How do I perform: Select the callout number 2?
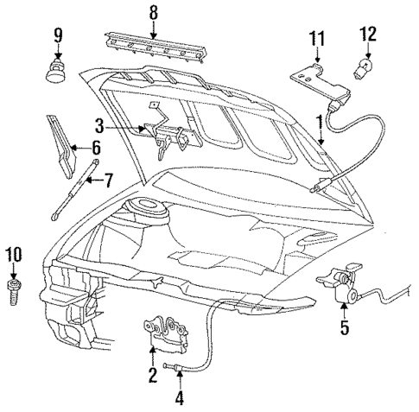(152, 373)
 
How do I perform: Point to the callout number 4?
(180, 398)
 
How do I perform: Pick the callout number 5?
(345, 327)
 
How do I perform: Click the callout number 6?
(97, 149)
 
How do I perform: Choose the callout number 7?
(108, 181)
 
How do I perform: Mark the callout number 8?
(153, 13)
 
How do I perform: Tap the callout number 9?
(59, 36)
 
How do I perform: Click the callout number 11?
(316, 37)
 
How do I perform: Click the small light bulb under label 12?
(366, 67)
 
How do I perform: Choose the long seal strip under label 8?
(155, 47)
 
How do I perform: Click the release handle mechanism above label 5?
(341, 284)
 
